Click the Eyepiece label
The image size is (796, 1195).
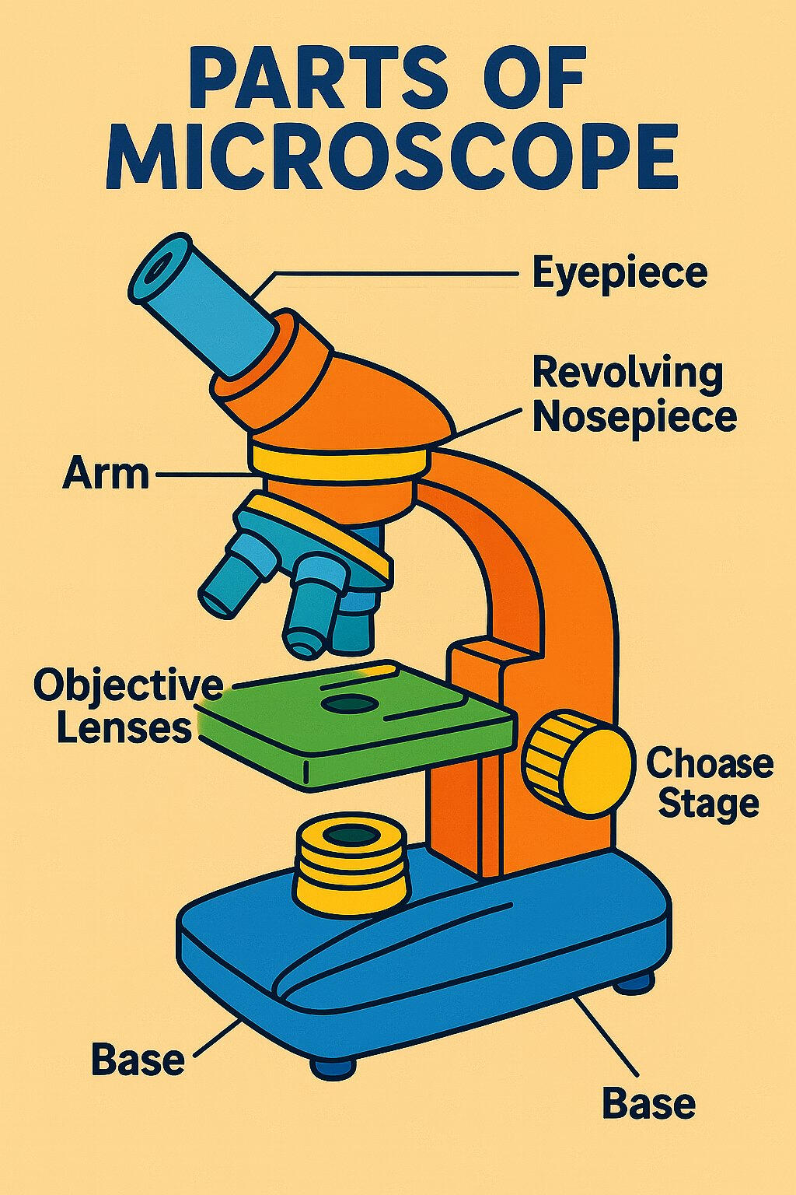pyautogui.click(x=620, y=274)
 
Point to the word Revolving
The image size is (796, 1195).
pyautogui.click(x=627, y=373)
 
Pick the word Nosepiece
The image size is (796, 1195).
pyautogui.click(x=634, y=415)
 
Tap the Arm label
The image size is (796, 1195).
pyautogui.click(x=106, y=473)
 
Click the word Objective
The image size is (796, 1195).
pyautogui.click(x=128, y=685)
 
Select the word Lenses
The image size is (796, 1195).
pyautogui.click(x=124, y=728)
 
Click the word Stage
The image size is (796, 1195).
pyautogui.click(x=708, y=803)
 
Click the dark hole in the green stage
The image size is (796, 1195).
pyautogui.click(x=349, y=705)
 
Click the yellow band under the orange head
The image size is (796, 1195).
pyautogui.click(x=340, y=461)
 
